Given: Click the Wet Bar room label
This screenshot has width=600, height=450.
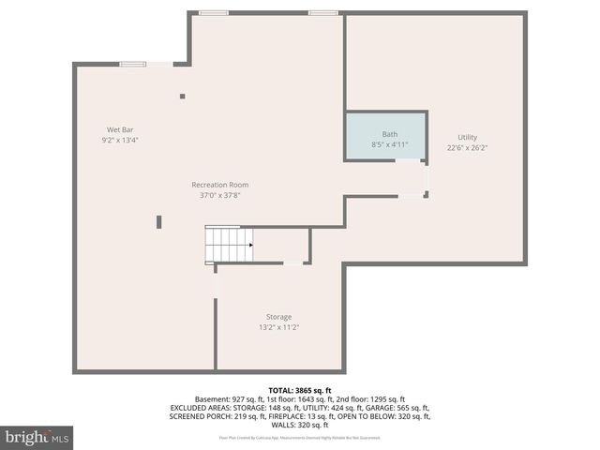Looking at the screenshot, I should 119,129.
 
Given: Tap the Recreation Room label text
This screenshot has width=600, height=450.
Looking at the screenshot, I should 219,185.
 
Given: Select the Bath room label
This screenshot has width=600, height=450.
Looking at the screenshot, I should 389,134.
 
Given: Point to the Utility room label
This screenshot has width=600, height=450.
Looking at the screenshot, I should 467,137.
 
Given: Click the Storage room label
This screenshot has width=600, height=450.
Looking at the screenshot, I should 277,317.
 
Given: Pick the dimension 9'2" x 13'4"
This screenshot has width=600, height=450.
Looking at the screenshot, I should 119,140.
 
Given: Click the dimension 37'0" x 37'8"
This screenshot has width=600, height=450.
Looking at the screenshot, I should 219,195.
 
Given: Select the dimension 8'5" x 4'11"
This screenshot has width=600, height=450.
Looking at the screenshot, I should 389,144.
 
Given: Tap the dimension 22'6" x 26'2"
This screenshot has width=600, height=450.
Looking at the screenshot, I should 467,147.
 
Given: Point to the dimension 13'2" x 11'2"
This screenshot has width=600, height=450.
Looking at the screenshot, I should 277,327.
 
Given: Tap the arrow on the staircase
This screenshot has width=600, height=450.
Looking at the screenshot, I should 249,246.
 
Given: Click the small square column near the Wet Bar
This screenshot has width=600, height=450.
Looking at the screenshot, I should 182,96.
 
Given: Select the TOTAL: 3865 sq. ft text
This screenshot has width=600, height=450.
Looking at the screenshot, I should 299,390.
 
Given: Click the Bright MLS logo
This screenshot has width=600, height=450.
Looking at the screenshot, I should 37,437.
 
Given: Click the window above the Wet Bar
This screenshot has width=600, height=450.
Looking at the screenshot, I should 132,64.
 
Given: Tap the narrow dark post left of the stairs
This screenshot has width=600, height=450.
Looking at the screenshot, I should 159,221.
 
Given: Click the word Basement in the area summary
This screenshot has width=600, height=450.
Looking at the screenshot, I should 212,398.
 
